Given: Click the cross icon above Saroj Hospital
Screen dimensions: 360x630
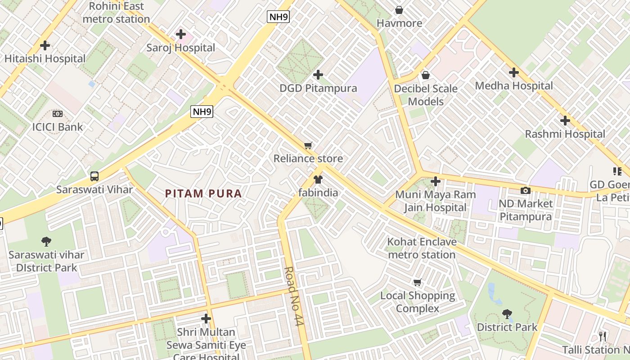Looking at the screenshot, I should pos(181,34).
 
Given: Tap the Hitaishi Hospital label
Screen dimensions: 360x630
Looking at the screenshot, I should pos(45,58).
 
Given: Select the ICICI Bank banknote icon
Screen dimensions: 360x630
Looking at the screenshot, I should pos(57,114).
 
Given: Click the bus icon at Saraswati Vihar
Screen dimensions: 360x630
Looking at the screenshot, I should pos(94,176).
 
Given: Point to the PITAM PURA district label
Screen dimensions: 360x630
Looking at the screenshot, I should pos(203,193).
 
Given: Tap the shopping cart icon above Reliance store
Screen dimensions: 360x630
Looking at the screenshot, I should pos(308,145).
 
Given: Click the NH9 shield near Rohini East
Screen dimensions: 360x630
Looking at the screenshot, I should pos(278,17).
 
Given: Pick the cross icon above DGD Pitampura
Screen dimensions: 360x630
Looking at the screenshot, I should pos(318,74).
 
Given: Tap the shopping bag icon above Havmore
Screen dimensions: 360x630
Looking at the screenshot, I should pos(399,10).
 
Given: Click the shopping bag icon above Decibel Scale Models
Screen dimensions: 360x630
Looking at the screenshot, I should pos(425,75).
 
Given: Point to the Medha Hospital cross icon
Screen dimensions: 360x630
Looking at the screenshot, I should pos(513,72).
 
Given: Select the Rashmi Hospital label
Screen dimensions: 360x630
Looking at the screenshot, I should pos(565,134).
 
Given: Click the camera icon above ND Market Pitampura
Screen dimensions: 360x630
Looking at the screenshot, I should pos(525,190).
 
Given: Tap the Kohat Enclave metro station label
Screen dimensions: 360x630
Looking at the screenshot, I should pos(422,248).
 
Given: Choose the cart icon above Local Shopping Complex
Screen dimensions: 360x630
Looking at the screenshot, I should pos(418,283).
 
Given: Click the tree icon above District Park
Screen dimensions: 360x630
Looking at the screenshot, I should pos(507,314).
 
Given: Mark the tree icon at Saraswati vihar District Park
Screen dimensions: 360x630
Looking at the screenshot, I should pos(46,242).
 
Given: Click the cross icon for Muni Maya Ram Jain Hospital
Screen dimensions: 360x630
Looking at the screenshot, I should pos(435,181).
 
